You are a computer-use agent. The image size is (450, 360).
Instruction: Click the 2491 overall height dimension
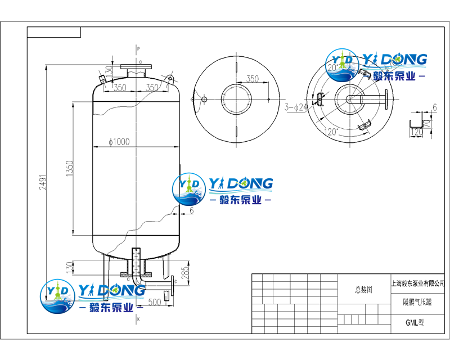(x=43, y=179)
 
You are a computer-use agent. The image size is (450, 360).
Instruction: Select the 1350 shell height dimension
(x=70, y=168)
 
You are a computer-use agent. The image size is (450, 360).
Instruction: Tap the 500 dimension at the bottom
(x=155, y=301)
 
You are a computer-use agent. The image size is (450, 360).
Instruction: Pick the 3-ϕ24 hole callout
(x=295, y=107)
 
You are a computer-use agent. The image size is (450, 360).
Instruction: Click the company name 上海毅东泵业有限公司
(x=417, y=283)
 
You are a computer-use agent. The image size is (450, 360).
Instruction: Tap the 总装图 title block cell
(x=364, y=290)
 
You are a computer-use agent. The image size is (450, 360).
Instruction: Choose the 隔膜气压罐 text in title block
(x=417, y=302)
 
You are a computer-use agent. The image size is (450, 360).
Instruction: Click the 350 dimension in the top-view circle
(x=253, y=79)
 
